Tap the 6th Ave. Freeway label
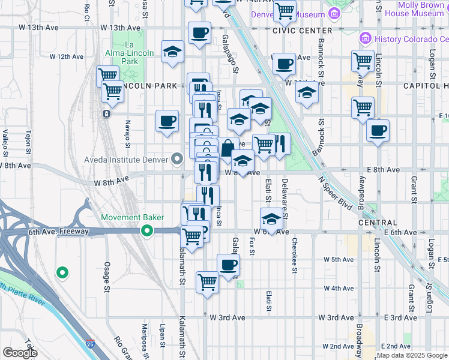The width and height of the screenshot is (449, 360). pos(58,231)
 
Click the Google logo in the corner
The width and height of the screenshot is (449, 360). pos(20,352)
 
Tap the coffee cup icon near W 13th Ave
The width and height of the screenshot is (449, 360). pos(199,32)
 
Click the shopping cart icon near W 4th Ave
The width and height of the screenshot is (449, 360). pos(207,280)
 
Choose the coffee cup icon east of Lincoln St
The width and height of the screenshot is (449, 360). pos(378,130)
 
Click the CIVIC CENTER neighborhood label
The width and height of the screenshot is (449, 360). pos(302,30)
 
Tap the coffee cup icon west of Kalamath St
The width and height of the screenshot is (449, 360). pos(167,121)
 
